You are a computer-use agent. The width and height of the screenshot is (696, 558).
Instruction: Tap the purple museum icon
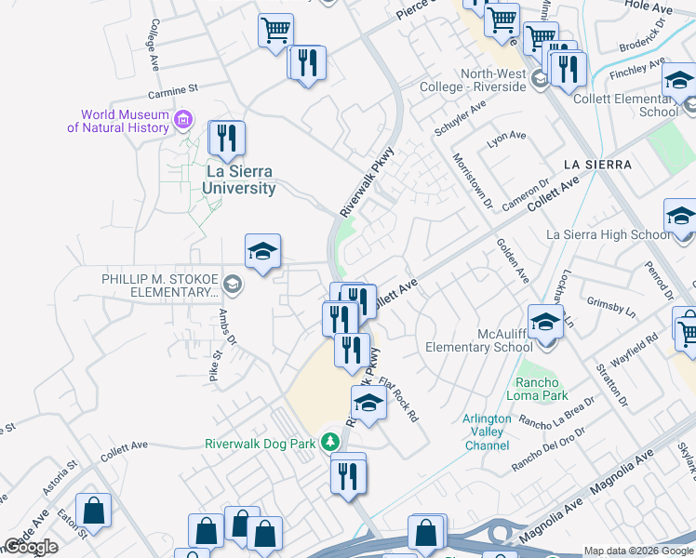pyautogui.click(x=183, y=120)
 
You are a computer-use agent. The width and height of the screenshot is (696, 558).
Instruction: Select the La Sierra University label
pyautogui.click(x=241, y=179)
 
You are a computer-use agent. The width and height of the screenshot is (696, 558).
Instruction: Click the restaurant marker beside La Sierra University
pyautogui.click(x=226, y=139)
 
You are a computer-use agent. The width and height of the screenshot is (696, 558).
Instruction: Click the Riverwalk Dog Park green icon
pyautogui.click(x=328, y=442)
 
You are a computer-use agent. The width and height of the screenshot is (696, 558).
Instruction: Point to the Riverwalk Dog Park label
pyautogui.click(x=261, y=444)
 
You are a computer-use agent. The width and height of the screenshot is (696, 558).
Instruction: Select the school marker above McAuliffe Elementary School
pyautogui.click(x=545, y=323)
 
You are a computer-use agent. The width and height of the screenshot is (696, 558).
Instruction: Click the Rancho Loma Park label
pyautogui.click(x=538, y=389)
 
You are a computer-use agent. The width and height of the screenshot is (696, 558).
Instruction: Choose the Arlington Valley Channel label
pyautogui.click(x=487, y=432)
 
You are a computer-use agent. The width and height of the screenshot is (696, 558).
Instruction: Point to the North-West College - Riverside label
pyautogui.click(x=499, y=81)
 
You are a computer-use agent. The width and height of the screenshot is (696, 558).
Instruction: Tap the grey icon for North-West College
pyautogui.click(x=540, y=80)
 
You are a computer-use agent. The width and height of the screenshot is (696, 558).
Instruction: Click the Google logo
pyautogui.click(x=31, y=547)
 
